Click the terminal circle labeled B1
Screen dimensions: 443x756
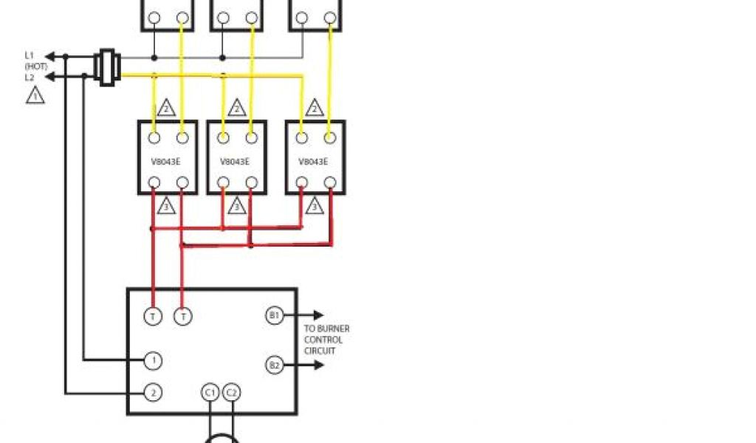tap(274, 316)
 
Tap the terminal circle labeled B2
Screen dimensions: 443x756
tap(274, 365)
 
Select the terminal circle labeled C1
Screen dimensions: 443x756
tap(210, 392)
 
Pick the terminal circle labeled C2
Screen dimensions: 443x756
tap(231, 392)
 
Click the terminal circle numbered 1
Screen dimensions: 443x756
tap(153, 360)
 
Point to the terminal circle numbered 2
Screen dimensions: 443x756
tap(153, 392)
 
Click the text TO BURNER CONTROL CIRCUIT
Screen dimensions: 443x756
tap(326, 340)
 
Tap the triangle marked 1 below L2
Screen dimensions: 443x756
tap(35, 95)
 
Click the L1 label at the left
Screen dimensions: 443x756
tap(30, 55)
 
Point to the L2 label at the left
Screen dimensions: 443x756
tap(30, 77)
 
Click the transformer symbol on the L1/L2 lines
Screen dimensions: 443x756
tap(108, 66)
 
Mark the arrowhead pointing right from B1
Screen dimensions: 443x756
tap(318, 316)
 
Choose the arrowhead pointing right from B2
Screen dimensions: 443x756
tap(318, 365)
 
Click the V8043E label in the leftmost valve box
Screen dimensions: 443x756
tap(168, 161)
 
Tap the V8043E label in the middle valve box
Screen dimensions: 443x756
tap(236, 161)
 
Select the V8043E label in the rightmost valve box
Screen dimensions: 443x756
tap(315, 161)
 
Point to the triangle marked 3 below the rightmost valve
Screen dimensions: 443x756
tap(315, 206)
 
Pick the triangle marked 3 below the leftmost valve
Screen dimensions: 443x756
tap(167, 206)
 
